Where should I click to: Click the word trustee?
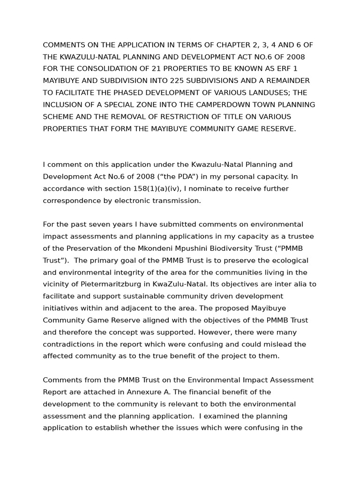point(300,236)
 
